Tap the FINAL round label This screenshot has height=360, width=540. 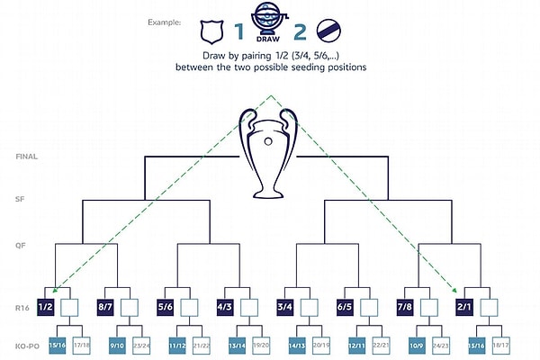coord(26,157)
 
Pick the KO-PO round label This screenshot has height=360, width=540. coord(26,344)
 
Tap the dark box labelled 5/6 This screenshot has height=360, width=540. coord(166,308)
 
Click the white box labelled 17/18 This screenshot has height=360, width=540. coord(80,344)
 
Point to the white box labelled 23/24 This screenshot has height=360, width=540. coord(140,344)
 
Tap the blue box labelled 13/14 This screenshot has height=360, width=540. coord(238,344)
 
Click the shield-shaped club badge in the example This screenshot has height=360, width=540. coord(212,33)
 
